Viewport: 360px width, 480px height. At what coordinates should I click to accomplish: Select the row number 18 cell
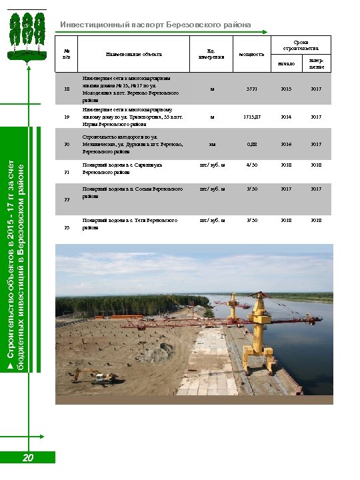[66, 89]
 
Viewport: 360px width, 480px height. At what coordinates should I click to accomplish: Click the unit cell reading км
[212, 144]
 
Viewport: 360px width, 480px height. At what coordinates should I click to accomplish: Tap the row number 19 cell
[66, 117]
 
